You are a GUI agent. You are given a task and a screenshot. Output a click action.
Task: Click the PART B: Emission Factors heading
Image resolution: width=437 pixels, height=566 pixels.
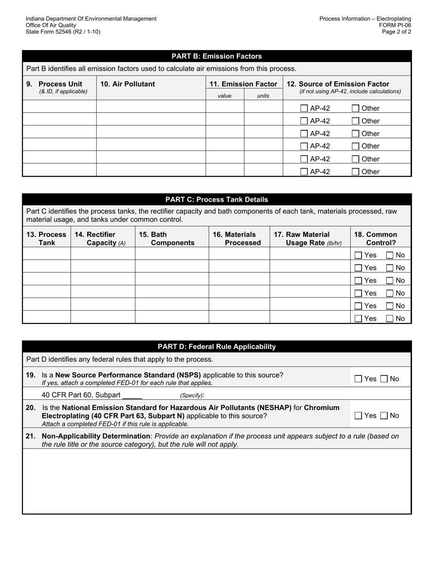[x=217, y=56]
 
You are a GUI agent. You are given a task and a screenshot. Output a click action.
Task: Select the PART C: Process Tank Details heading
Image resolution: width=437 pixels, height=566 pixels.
[x=217, y=200]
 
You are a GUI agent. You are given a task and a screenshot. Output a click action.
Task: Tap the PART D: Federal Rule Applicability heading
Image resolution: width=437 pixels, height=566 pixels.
[x=217, y=347]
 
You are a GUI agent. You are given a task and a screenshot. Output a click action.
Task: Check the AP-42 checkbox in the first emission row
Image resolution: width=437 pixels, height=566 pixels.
[x=304, y=109]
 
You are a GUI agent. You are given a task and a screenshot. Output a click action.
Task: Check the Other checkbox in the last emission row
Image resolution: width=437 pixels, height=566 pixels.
[x=356, y=172]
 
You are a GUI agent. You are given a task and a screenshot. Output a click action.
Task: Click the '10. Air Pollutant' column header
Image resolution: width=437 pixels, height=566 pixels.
[x=127, y=84]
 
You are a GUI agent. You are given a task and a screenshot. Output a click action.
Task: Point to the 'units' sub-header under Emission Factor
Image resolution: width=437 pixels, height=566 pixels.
[x=263, y=96]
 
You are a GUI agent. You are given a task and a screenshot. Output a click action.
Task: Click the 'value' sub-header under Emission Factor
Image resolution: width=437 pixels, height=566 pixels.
[x=224, y=96]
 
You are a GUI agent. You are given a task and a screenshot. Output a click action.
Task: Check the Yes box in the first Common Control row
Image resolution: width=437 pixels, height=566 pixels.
[x=358, y=255]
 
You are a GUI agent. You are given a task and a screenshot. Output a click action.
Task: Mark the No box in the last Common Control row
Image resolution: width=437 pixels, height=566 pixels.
[x=390, y=318]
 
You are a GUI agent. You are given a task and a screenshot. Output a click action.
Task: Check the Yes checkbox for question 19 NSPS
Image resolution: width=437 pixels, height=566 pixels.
[x=358, y=379]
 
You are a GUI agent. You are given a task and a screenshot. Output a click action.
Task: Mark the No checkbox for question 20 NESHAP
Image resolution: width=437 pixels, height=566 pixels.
[x=384, y=416]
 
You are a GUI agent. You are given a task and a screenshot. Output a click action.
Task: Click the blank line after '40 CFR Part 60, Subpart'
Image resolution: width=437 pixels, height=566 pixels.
[x=132, y=395]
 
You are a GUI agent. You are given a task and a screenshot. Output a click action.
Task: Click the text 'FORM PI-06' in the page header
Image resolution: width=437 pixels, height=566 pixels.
[x=395, y=25]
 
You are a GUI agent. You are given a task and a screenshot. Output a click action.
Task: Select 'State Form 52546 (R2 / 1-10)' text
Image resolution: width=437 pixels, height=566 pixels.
[x=63, y=32]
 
